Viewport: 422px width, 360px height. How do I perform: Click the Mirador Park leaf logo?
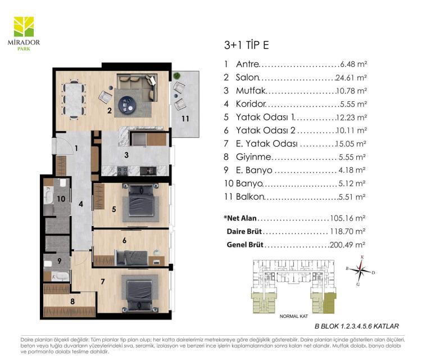(24, 26)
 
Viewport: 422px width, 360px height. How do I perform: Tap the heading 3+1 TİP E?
(246, 45)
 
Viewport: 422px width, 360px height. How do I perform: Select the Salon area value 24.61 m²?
(351, 78)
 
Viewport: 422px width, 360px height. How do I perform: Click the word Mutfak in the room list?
(251, 91)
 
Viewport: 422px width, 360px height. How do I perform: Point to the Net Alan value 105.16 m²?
(347, 218)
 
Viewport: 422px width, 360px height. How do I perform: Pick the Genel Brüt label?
(245, 245)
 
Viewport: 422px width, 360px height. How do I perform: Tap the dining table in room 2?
(74, 99)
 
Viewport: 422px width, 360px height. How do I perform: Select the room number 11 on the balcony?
(185, 119)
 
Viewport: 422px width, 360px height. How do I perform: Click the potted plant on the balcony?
(177, 76)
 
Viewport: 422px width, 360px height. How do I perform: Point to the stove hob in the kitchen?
(122, 171)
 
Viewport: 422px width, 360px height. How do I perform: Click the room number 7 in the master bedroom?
(103, 282)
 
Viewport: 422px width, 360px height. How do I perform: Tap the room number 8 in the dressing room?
(72, 301)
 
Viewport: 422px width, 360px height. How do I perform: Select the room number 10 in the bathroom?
(61, 199)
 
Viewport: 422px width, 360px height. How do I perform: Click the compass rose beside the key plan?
(360, 270)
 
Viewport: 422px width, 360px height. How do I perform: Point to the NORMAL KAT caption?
(294, 316)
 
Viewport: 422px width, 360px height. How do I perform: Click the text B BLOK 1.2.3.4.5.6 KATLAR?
(357, 326)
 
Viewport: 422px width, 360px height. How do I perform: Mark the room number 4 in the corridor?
(81, 204)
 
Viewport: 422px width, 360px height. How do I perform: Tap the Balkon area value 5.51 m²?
(352, 197)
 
